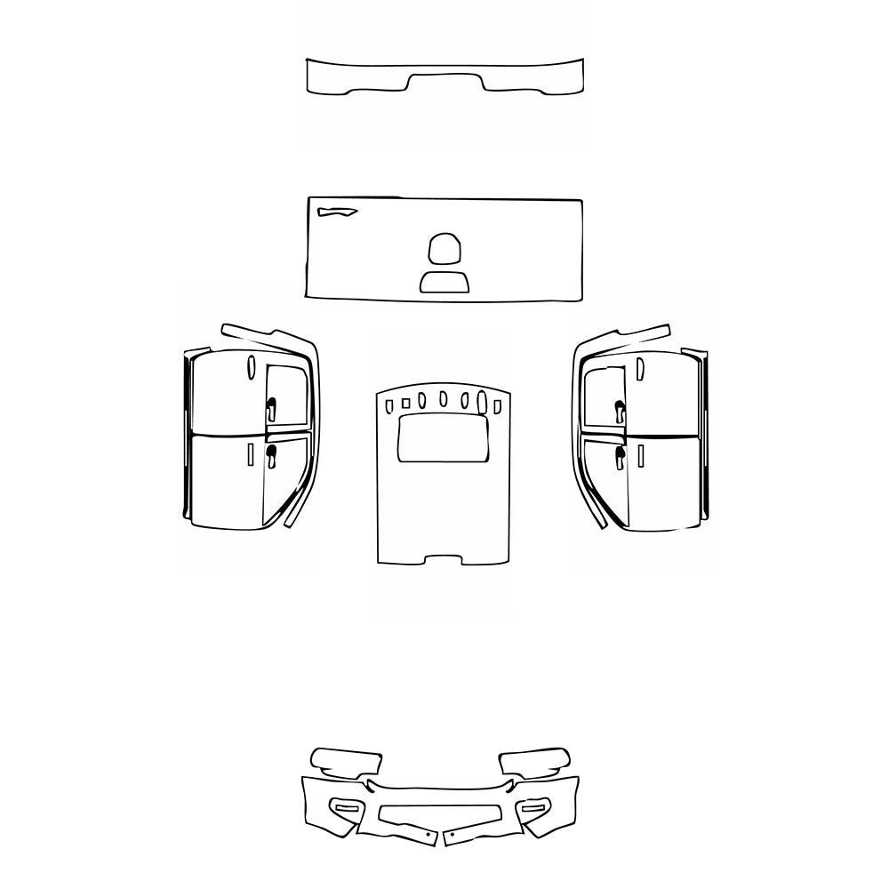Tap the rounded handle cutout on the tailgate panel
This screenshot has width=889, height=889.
click(x=445, y=248)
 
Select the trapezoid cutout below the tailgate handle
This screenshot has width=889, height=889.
click(x=445, y=282)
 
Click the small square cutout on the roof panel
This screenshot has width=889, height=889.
click(x=405, y=404)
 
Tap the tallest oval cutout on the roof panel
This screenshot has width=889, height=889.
click(x=483, y=401)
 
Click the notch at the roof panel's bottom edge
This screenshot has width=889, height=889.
click(x=444, y=560)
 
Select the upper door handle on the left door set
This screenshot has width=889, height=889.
click(x=270, y=409)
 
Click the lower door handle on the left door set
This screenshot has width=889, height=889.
click(x=270, y=456)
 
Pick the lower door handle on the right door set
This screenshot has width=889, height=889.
click(x=620, y=456)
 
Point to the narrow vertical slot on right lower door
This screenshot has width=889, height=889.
click(x=638, y=457)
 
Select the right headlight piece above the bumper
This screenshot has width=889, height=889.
click(x=534, y=761)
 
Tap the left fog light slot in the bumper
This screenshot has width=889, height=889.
click(x=343, y=806)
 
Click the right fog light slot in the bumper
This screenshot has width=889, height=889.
click(x=535, y=806)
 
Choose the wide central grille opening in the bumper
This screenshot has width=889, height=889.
click(x=438, y=813)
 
